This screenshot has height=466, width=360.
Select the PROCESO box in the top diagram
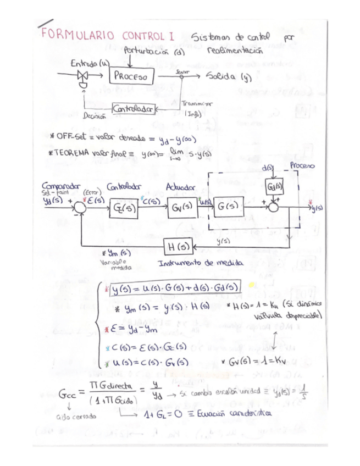[x=130, y=78]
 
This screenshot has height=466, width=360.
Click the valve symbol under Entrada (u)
[x=84, y=77]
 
